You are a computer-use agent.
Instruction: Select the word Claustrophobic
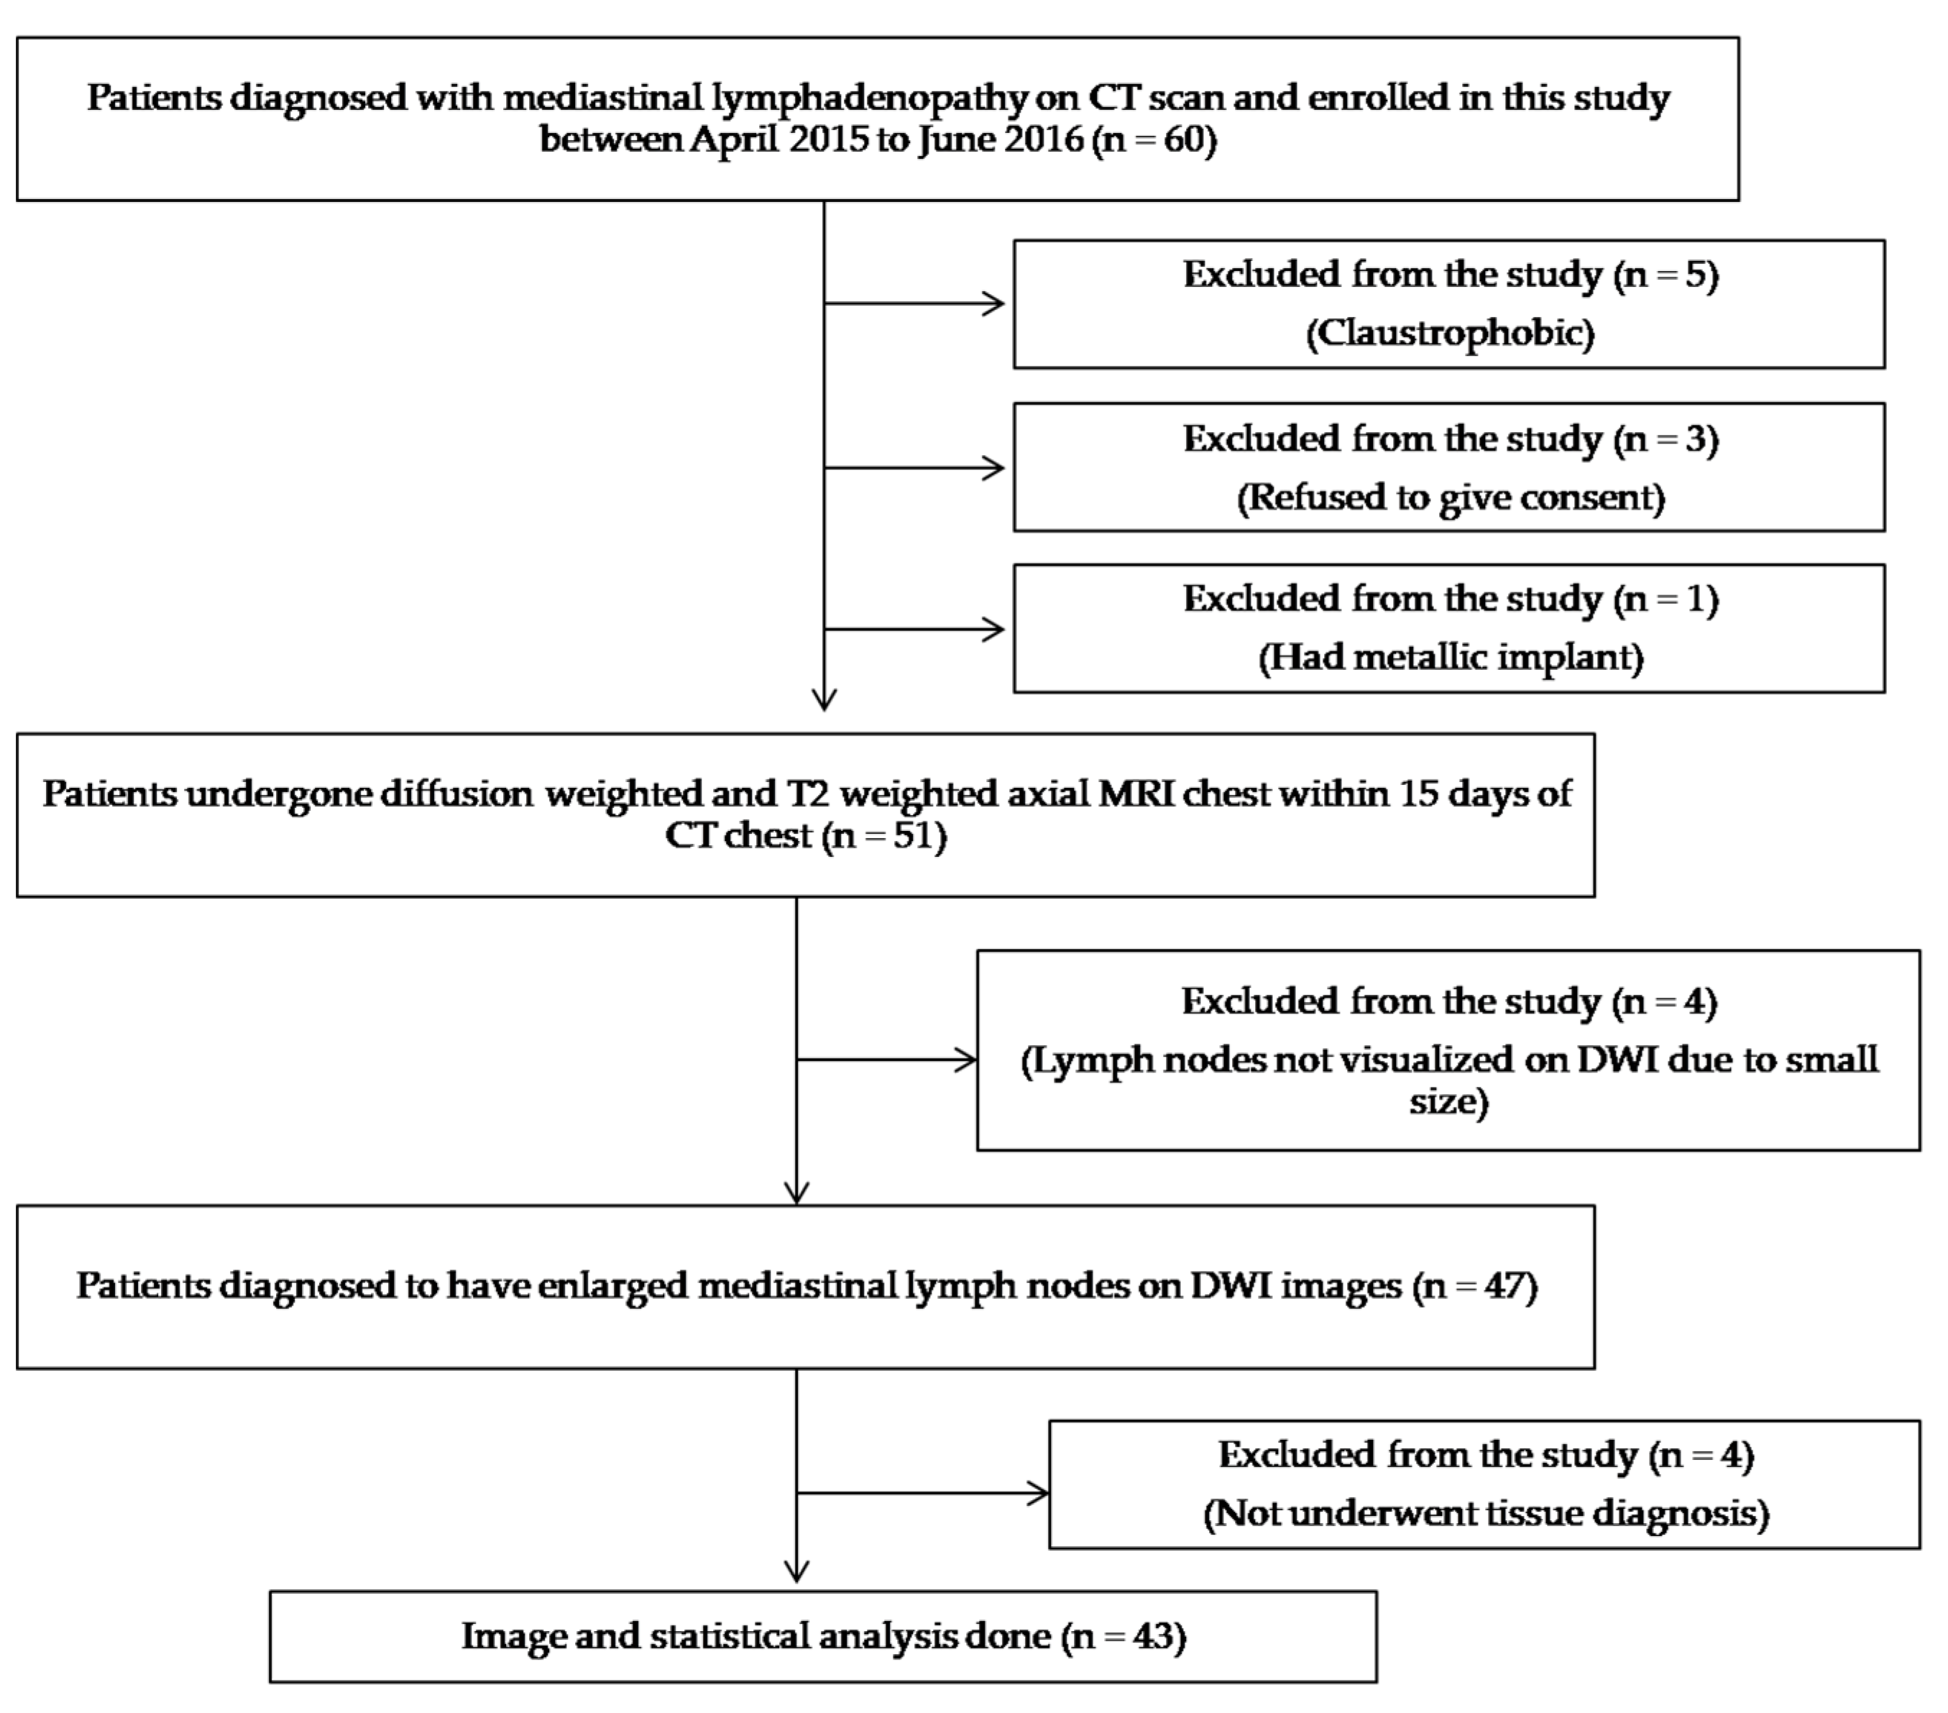(x=1450, y=333)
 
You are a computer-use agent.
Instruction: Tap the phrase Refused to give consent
(x=1450, y=497)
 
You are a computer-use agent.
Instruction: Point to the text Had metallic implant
(x=1450, y=658)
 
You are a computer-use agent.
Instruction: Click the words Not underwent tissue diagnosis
(x=1485, y=1513)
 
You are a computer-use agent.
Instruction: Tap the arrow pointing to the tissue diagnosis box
(x=1034, y=1494)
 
